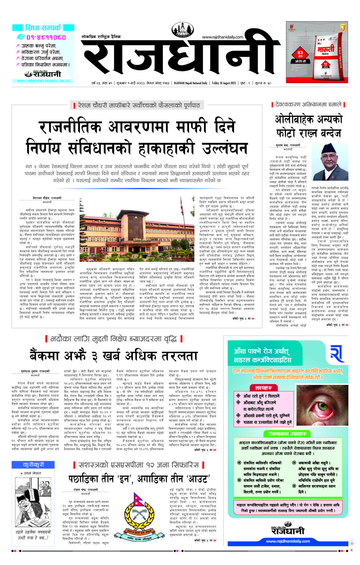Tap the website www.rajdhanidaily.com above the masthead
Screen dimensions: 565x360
tap(222, 37)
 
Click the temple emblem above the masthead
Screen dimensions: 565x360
tap(183, 30)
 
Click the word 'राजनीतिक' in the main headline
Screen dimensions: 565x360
tap(70, 127)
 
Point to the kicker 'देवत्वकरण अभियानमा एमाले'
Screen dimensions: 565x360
tap(308, 105)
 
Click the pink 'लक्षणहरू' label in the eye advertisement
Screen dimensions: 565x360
tap(264, 388)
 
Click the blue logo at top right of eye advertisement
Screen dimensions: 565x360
tap(337, 353)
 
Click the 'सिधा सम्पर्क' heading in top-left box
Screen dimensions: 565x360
tap(43, 28)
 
